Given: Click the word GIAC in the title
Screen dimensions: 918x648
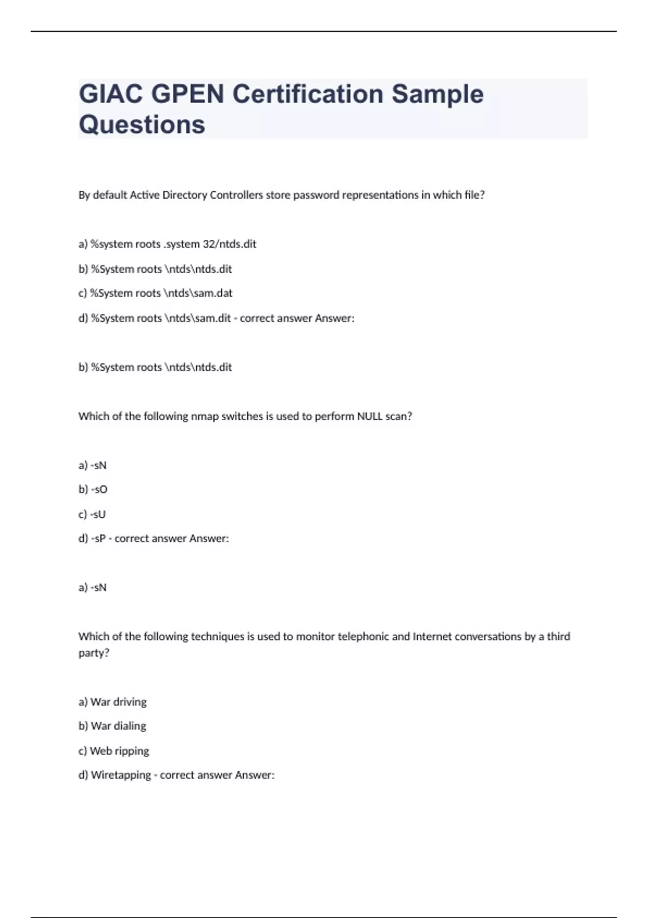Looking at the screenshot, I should (x=111, y=94).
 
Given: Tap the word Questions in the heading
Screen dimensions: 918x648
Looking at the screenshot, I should (x=142, y=125).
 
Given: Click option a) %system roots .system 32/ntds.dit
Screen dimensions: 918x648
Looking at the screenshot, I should (x=167, y=244).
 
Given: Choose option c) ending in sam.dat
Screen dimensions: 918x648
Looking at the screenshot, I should (x=156, y=293).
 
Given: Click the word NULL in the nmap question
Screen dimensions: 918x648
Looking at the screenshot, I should (x=369, y=416).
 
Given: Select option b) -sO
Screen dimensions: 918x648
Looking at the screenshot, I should (x=93, y=490).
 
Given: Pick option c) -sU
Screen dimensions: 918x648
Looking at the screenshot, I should (x=92, y=515).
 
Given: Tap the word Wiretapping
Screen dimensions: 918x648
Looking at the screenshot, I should (x=120, y=775).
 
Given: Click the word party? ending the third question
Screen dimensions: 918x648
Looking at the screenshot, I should (x=94, y=653).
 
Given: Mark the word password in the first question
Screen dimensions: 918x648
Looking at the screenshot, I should (x=316, y=195).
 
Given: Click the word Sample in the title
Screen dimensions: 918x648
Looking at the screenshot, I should (x=437, y=94).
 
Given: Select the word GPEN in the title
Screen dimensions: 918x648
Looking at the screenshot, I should (x=187, y=94).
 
